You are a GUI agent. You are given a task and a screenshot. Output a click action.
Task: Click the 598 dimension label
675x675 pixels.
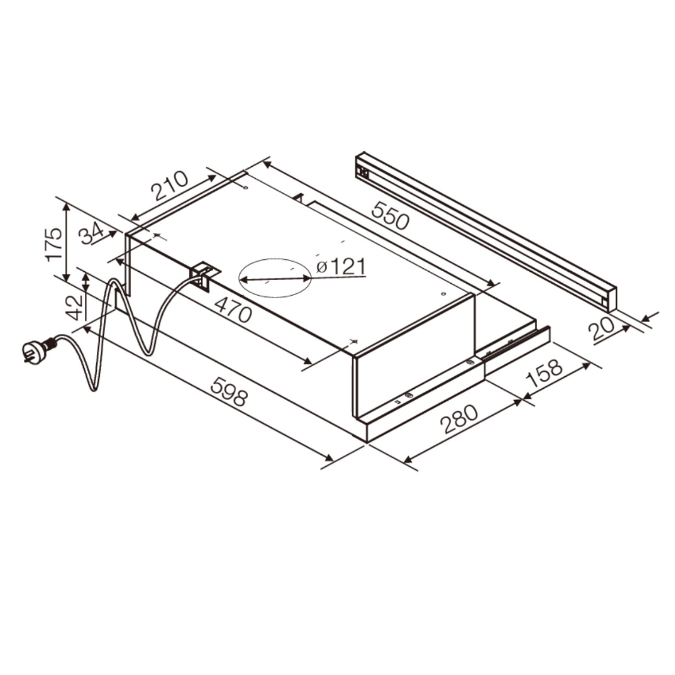[229, 391]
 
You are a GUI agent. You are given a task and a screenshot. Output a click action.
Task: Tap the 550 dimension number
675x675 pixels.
[390, 215]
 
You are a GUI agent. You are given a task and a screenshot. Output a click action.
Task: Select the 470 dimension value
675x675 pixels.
[233, 309]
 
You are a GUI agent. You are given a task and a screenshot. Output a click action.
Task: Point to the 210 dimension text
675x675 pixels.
[170, 186]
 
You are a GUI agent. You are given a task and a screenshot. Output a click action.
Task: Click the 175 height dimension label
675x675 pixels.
[54, 244]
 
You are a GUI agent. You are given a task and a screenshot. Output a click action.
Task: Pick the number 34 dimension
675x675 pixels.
[91, 234]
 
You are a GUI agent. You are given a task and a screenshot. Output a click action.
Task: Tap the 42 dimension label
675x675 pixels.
[76, 307]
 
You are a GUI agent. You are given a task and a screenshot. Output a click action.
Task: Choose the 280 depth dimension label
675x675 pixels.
[459, 419]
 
